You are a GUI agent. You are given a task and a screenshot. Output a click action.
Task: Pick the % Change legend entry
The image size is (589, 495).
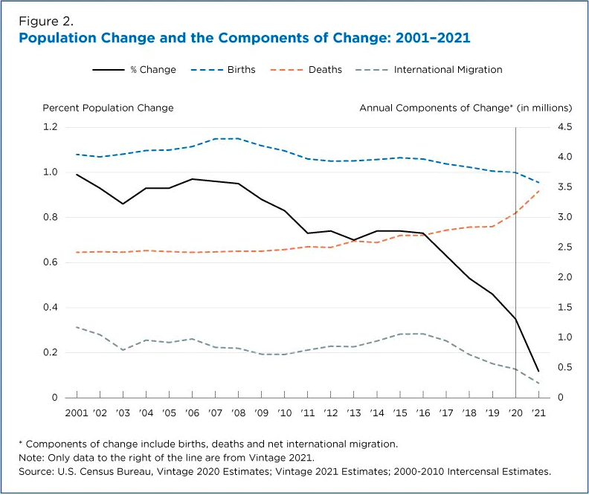coord(135,70)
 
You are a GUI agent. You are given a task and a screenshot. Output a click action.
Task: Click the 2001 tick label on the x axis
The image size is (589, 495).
coord(77,412)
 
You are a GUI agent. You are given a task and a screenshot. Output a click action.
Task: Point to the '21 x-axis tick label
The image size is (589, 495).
coord(538,412)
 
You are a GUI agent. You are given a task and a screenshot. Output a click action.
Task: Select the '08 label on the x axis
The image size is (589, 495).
coord(239,412)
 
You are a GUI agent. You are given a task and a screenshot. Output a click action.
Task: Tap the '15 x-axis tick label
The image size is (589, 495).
coord(400,412)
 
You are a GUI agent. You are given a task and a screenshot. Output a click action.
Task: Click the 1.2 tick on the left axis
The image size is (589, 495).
coord(50,127)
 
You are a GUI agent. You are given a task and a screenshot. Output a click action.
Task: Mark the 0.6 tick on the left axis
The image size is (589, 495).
coord(50,262)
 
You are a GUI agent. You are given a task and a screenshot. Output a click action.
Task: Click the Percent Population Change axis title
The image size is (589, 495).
coord(108,108)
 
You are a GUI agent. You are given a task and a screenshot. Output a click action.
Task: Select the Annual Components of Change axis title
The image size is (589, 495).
coord(455,108)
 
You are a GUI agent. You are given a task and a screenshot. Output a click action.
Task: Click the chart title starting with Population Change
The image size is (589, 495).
coord(244,36)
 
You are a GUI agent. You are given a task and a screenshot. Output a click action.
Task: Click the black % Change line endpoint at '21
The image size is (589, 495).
coord(538,371)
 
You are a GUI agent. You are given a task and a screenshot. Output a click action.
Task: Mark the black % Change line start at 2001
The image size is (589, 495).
coord(77,175)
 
